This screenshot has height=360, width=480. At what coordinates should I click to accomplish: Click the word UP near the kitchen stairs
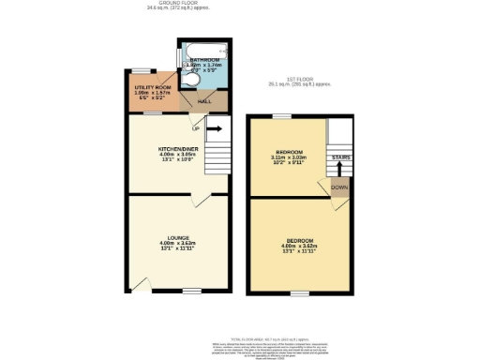[195, 128]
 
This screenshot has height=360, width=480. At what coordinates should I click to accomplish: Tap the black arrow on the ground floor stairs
[214, 128]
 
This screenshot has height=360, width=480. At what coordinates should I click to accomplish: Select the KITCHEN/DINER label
[176, 149]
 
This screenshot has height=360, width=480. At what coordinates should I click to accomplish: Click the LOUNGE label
[178, 237]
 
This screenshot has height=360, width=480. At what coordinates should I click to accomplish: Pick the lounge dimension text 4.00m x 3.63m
[178, 244]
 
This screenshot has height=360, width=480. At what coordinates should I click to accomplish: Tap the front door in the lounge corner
[140, 284]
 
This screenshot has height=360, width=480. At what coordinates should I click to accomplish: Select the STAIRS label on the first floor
[340, 157]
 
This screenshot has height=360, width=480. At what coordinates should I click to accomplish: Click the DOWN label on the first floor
[338, 187]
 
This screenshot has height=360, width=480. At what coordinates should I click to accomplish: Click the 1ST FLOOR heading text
[298, 79]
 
